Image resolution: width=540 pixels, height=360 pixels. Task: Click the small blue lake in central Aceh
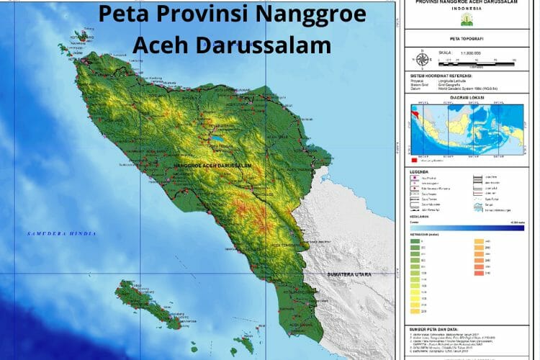click(216, 135)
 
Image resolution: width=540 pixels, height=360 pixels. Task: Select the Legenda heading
click(420, 171)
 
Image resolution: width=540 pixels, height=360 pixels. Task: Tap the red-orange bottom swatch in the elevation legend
click(479, 273)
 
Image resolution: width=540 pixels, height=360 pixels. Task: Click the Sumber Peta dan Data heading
click(437, 328)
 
